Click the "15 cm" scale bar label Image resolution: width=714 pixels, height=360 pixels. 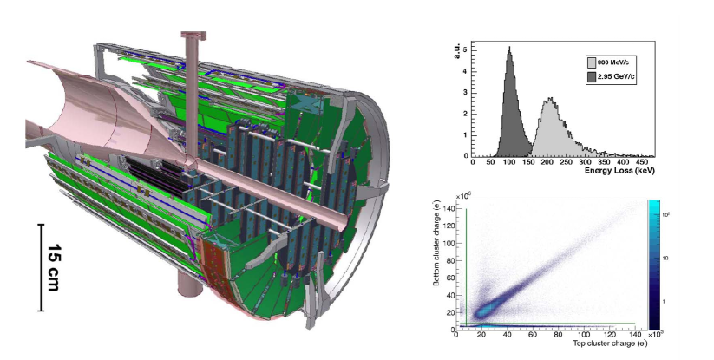point(54,267)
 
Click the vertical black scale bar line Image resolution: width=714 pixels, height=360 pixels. point(41,267)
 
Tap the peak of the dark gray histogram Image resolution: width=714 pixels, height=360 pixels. point(509,47)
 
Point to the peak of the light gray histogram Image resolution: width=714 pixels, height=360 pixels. point(551,98)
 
